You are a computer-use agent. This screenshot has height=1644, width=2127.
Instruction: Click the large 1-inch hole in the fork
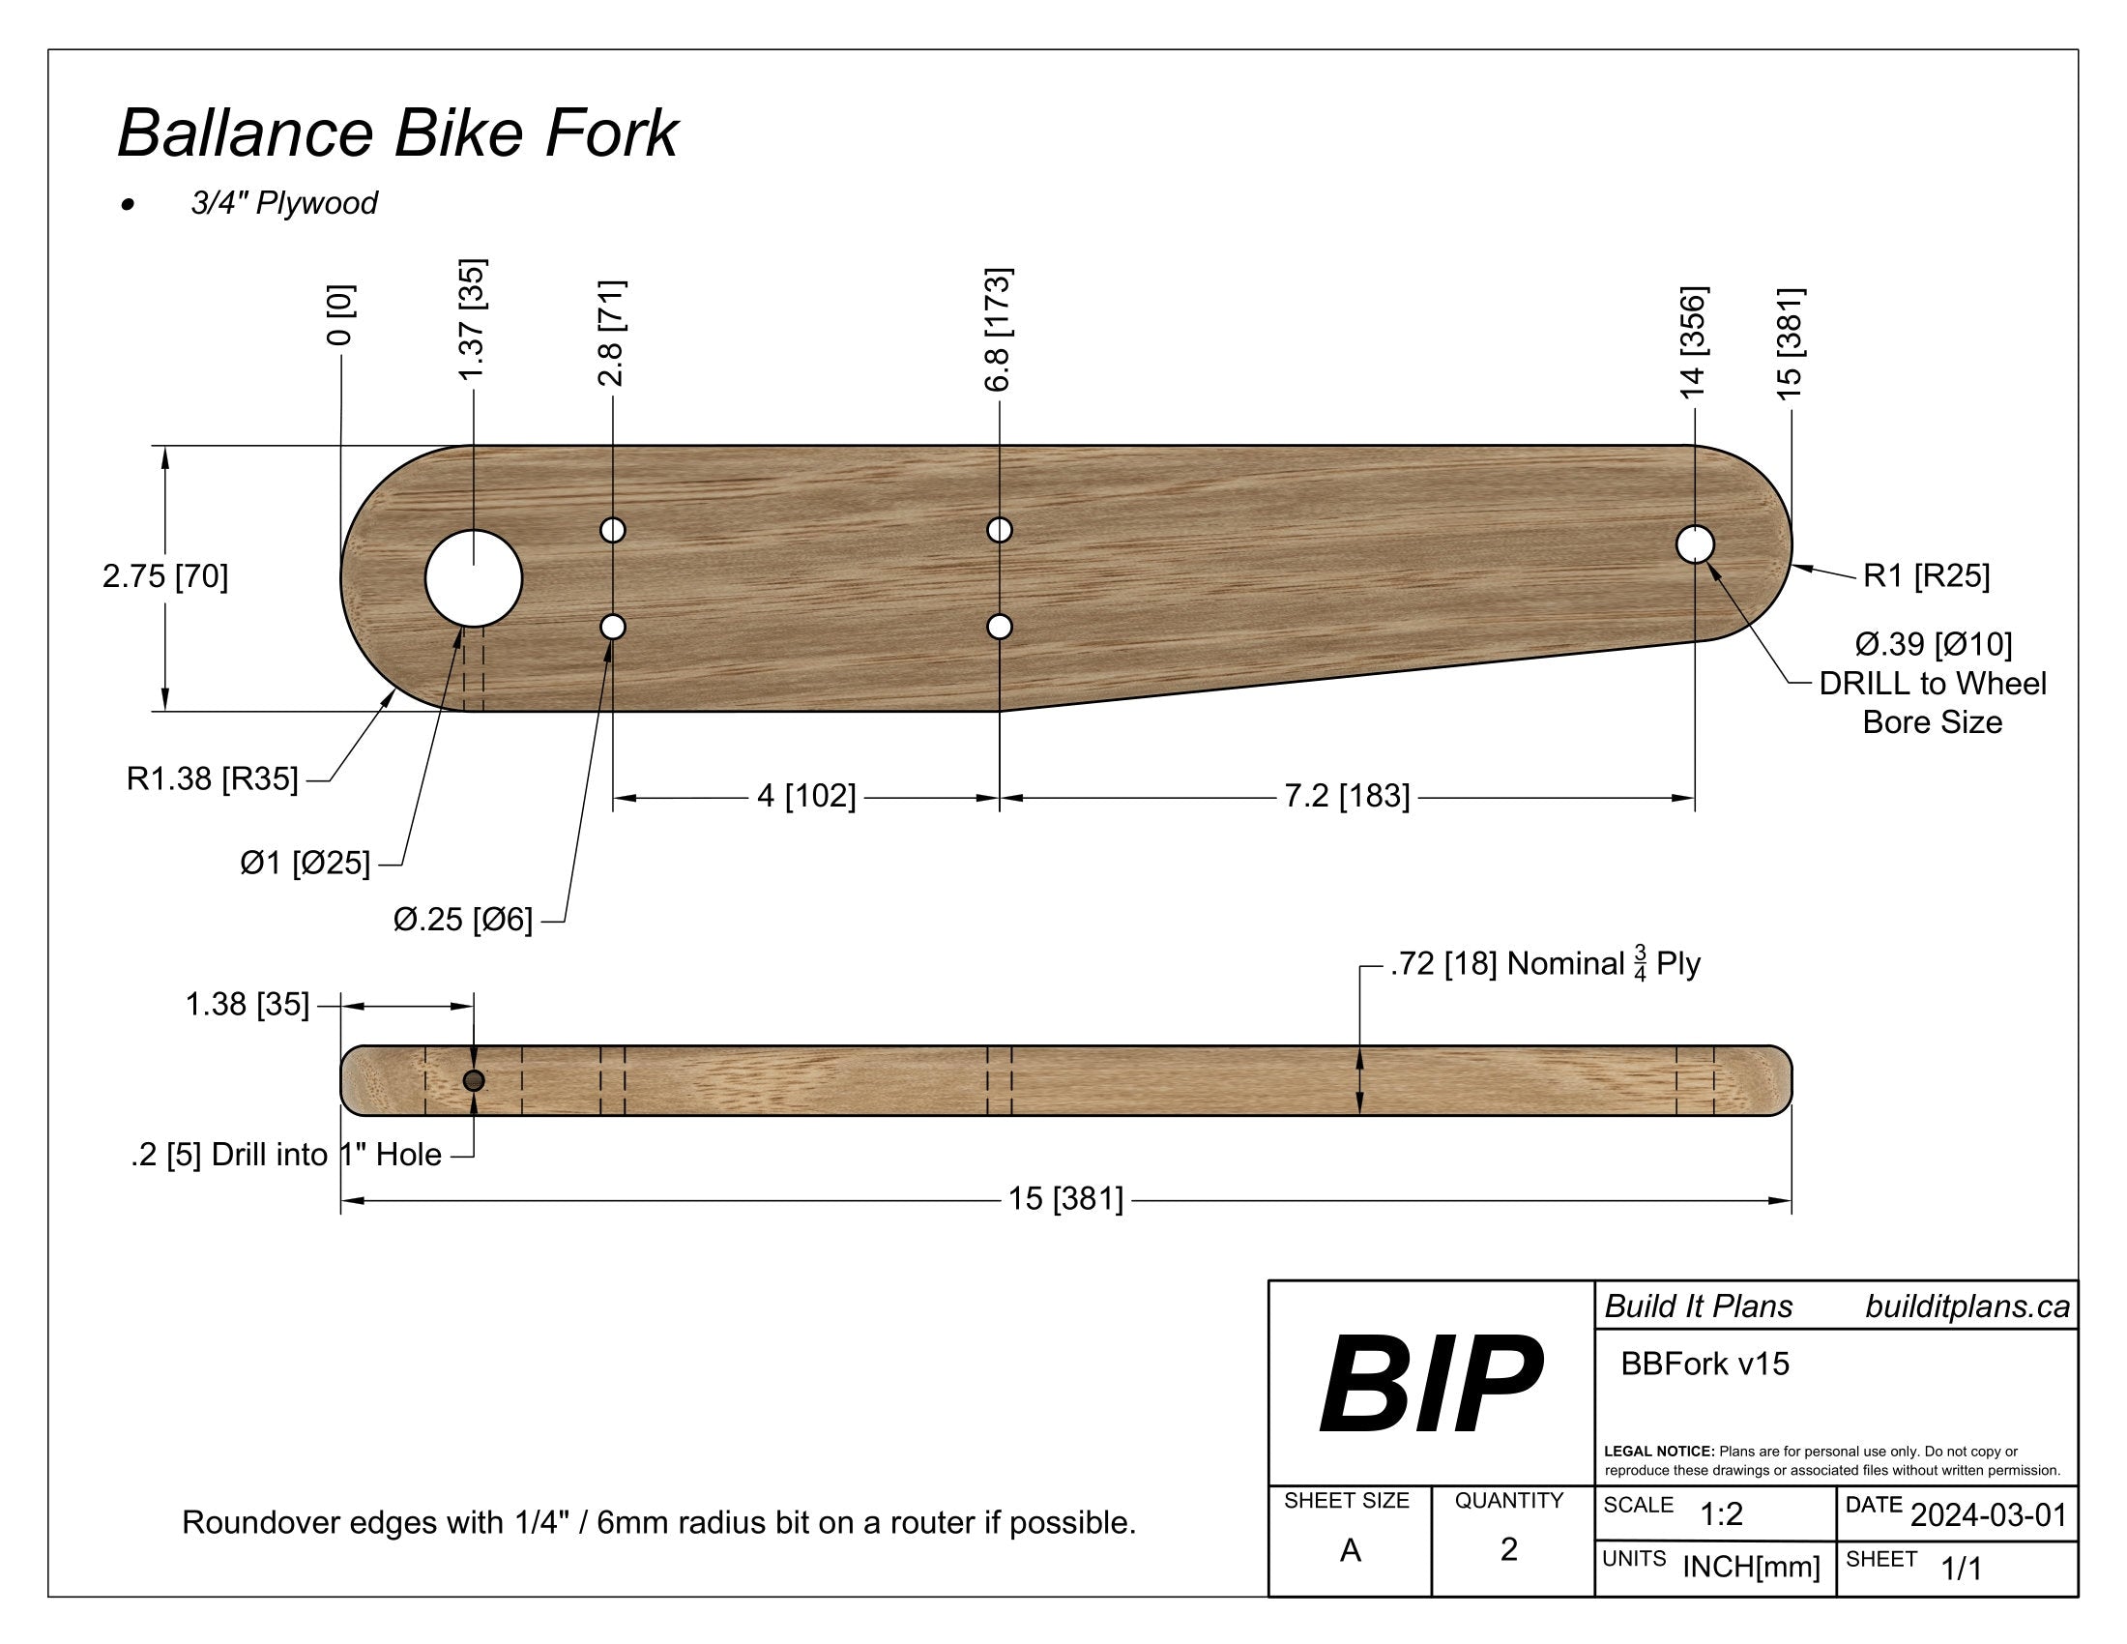tap(474, 578)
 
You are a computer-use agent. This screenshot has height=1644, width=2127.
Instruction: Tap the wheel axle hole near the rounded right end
tap(1696, 543)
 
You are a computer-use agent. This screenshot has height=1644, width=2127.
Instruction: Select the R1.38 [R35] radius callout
tap(213, 779)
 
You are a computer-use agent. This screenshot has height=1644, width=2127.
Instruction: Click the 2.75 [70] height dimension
tap(165, 576)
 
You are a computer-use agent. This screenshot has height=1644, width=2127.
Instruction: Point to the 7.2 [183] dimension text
tap(1346, 797)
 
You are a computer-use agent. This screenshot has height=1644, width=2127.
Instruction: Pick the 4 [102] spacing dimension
tap(806, 797)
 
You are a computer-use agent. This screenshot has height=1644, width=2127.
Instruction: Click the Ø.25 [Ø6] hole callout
tap(462, 920)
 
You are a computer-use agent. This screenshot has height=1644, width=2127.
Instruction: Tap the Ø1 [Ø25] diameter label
tap(305, 863)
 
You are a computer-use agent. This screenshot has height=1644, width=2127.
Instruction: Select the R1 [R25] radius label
tap(1925, 575)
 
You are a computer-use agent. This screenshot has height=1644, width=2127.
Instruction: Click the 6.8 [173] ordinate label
tap(999, 329)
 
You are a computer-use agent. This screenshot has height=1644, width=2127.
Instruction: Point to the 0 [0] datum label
tap(340, 314)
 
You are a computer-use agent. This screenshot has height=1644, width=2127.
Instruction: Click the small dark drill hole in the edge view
tap(474, 1080)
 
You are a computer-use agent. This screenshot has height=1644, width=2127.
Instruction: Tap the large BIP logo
tap(1430, 1384)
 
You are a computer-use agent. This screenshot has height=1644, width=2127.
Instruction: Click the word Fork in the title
tap(611, 133)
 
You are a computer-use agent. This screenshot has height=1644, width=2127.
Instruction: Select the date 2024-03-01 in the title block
tap(1988, 1515)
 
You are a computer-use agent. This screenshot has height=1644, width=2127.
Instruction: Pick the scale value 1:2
tap(1721, 1514)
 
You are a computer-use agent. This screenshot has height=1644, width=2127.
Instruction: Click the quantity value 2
tap(1508, 1548)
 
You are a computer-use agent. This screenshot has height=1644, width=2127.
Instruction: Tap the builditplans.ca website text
tap(1967, 1306)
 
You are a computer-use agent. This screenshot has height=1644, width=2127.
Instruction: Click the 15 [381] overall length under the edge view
tap(1065, 1199)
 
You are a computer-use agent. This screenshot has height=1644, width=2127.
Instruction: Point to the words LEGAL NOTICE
tap(1658, 1452)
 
